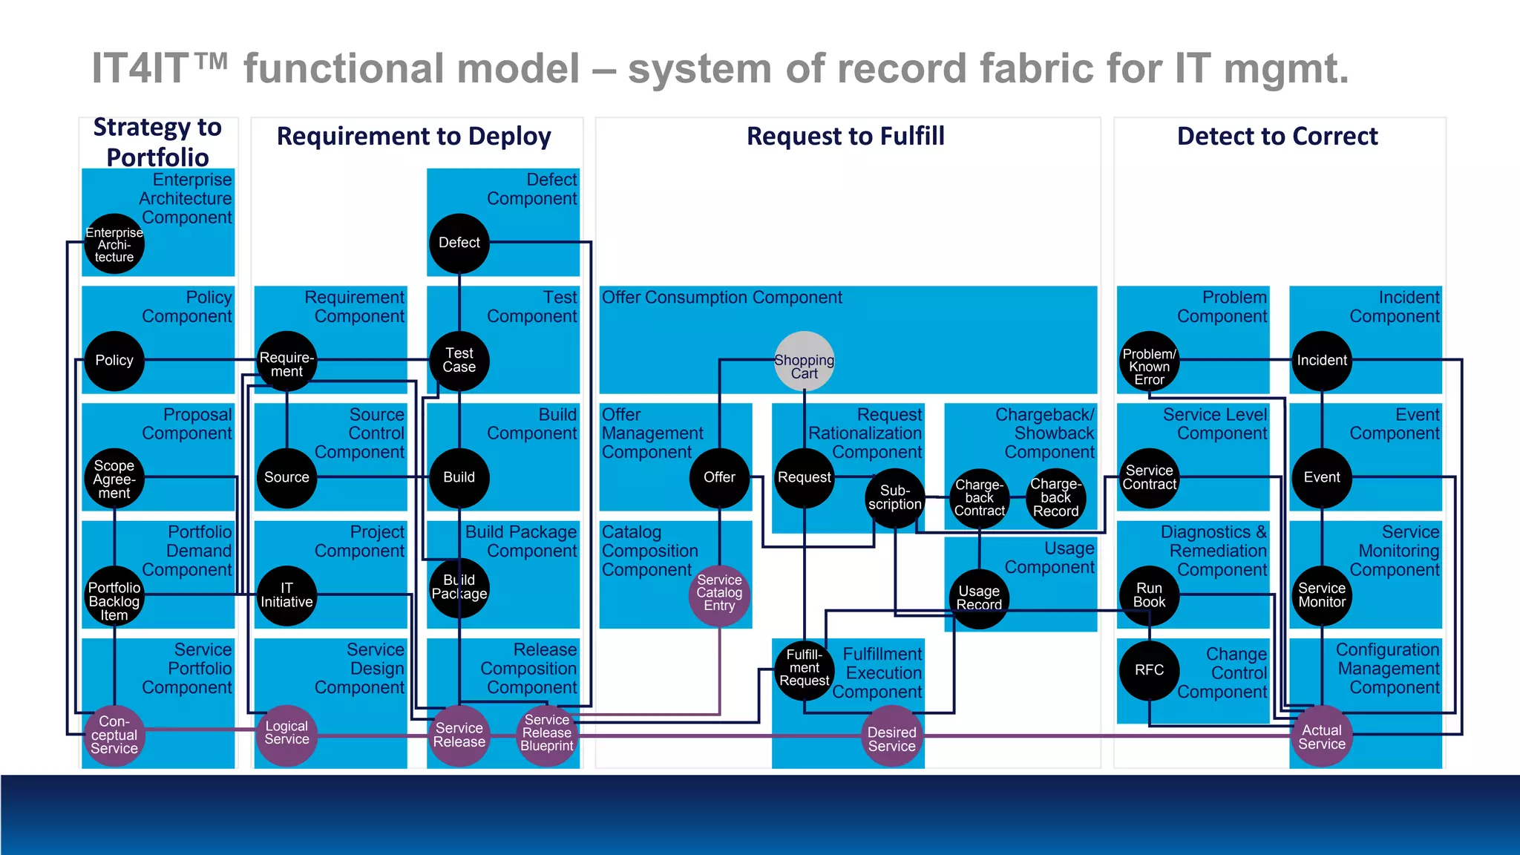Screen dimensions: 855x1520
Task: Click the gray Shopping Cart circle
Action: point(804,361)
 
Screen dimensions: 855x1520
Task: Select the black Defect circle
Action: point(459,243)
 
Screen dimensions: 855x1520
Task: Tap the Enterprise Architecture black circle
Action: point(114,244)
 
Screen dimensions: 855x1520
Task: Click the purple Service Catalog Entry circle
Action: point(718,593)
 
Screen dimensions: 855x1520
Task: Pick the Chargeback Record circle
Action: point(1055,498)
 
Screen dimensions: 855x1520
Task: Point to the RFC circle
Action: point(1149,670)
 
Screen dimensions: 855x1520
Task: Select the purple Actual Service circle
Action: point(1321,737)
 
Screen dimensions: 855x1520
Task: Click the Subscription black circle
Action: point(894,498)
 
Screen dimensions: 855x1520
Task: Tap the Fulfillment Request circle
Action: point(804,668)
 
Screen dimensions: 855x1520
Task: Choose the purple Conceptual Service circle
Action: point(114,736)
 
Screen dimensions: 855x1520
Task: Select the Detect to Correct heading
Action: point(1277,137)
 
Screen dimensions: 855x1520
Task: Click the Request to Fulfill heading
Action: point(845,137)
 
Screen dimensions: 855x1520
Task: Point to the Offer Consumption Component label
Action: point(721,298)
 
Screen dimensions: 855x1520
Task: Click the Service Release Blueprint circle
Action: point(546,733)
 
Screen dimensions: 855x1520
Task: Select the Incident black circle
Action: point(1321,361)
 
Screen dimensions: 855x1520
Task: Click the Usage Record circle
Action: point(978,598)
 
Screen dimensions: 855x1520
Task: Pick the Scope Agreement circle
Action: point(114,479)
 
